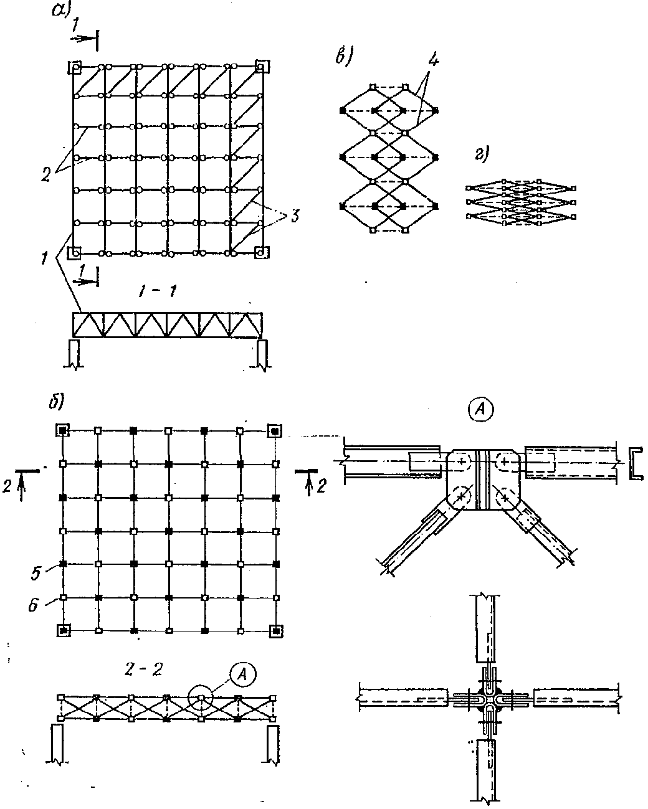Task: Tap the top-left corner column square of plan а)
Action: point(75,67)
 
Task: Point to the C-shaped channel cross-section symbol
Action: point(634,463)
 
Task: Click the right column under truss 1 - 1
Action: point(262,354)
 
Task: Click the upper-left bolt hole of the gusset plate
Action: point(462,462)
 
